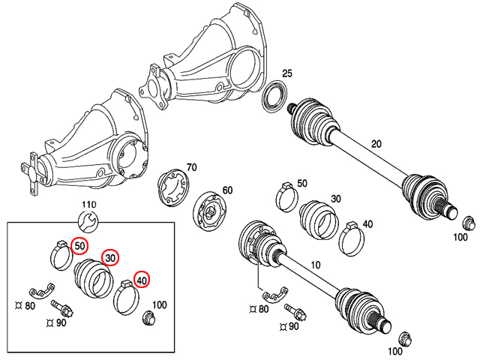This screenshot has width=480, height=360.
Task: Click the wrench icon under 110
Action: point(88,221)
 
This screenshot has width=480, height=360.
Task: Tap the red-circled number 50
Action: point(79,246)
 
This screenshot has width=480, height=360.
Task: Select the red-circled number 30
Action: point(110,258)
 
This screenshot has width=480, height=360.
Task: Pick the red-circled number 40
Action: point(142,280)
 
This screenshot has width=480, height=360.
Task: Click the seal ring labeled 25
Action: point(274,96)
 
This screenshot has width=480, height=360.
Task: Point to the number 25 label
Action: point(287,73)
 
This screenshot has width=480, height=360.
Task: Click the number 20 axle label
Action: point(376,143)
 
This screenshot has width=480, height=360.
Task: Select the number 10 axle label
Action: point(315,265)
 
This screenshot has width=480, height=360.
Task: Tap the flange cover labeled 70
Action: point(173,187)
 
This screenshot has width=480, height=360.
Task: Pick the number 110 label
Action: point(89,205)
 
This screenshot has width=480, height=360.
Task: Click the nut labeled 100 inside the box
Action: point(148,317)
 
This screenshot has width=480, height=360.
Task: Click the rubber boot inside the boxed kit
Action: point(94,278)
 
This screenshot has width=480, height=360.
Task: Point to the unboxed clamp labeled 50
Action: point(286,196)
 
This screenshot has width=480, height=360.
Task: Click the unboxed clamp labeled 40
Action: point(352,239)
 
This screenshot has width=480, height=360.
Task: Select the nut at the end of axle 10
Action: point(405,338)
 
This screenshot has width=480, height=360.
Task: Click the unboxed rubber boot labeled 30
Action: point(319,220)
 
